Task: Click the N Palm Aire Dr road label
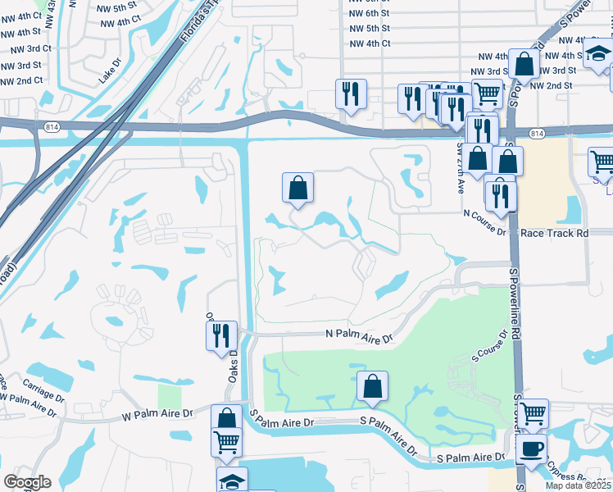click(359, 335)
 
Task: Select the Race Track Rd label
click(555, 233)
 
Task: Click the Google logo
click(27, 482)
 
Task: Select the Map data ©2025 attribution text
click(579, 485)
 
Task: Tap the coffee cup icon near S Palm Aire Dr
click(532, 449)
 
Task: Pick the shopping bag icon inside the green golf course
click(373, 385)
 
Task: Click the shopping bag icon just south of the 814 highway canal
click(298, 188)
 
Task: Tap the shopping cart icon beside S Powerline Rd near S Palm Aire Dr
click(534, 413)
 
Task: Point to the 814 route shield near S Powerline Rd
click(536, 133)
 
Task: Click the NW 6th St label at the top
click(370, 13)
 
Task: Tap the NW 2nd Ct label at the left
click(21, 81)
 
